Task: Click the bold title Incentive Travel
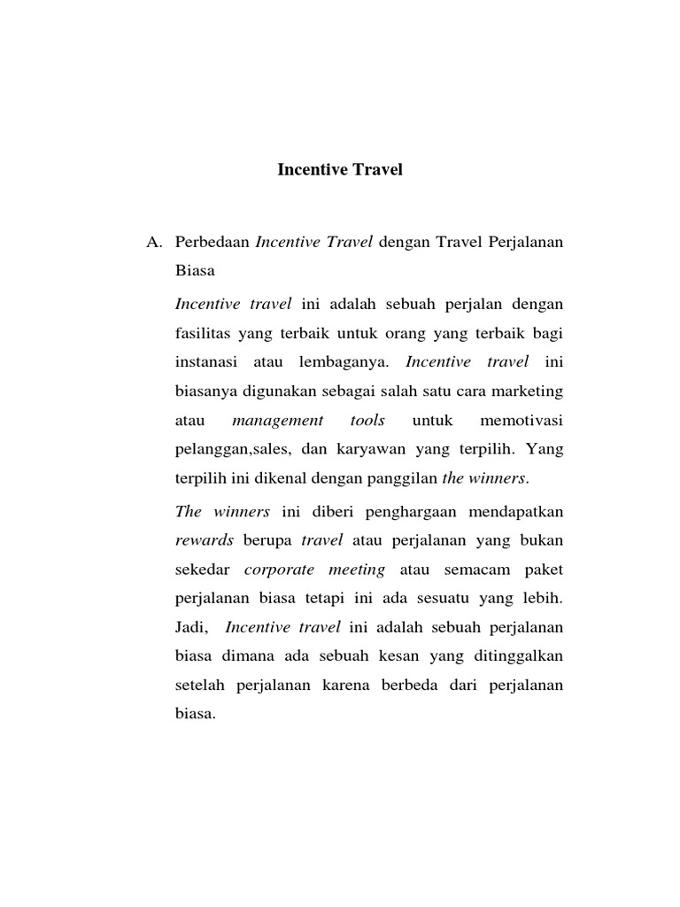pyautogui.click(x=340, y=169)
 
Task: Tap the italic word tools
pyautogui.click(x=367, y=421)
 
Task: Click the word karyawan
pyautogui.click(x=373, y=450)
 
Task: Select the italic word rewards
pyautogui.click(x=205, y=541)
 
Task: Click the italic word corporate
pyautogui.click(x=276, y=570)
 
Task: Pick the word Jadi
pyautogui.click(x=192, y=628)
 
